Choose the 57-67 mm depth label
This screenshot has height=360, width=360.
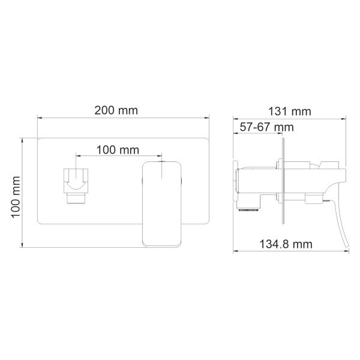click(266, 127)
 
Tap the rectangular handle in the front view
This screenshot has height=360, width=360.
click(162, 204)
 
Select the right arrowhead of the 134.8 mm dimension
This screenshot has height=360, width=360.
click(347, 252)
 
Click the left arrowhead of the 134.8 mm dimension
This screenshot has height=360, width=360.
click(235, 252)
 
